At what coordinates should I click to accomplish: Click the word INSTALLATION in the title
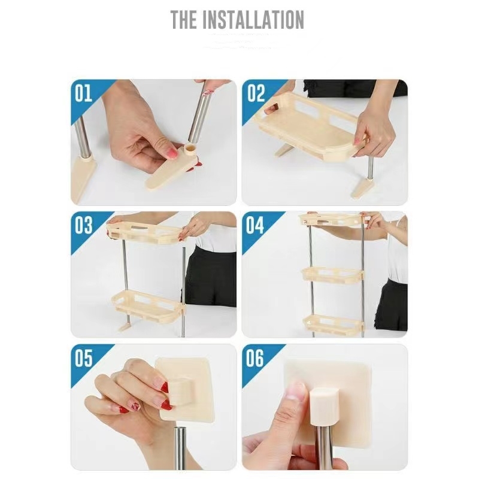[x=253, y=20]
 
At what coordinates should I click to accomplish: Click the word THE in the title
[x=183, y=20]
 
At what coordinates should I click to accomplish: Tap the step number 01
[x=83, y=93]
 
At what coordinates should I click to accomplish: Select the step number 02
[x=256, y=93]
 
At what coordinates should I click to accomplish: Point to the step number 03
[x=83, y=226]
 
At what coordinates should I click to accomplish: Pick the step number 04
[x=255, y=226]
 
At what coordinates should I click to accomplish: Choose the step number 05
[x=83, y=358]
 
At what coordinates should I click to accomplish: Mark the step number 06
[x=255, y=358]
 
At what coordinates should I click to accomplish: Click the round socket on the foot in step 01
[x=191, y=149]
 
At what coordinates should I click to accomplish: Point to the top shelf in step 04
[x=332, y=220]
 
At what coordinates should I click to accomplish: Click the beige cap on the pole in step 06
[x=323, y=406]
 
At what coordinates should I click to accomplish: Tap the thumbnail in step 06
[x=294, y=392]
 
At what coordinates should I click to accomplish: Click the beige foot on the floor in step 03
[x=125, y=328]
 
